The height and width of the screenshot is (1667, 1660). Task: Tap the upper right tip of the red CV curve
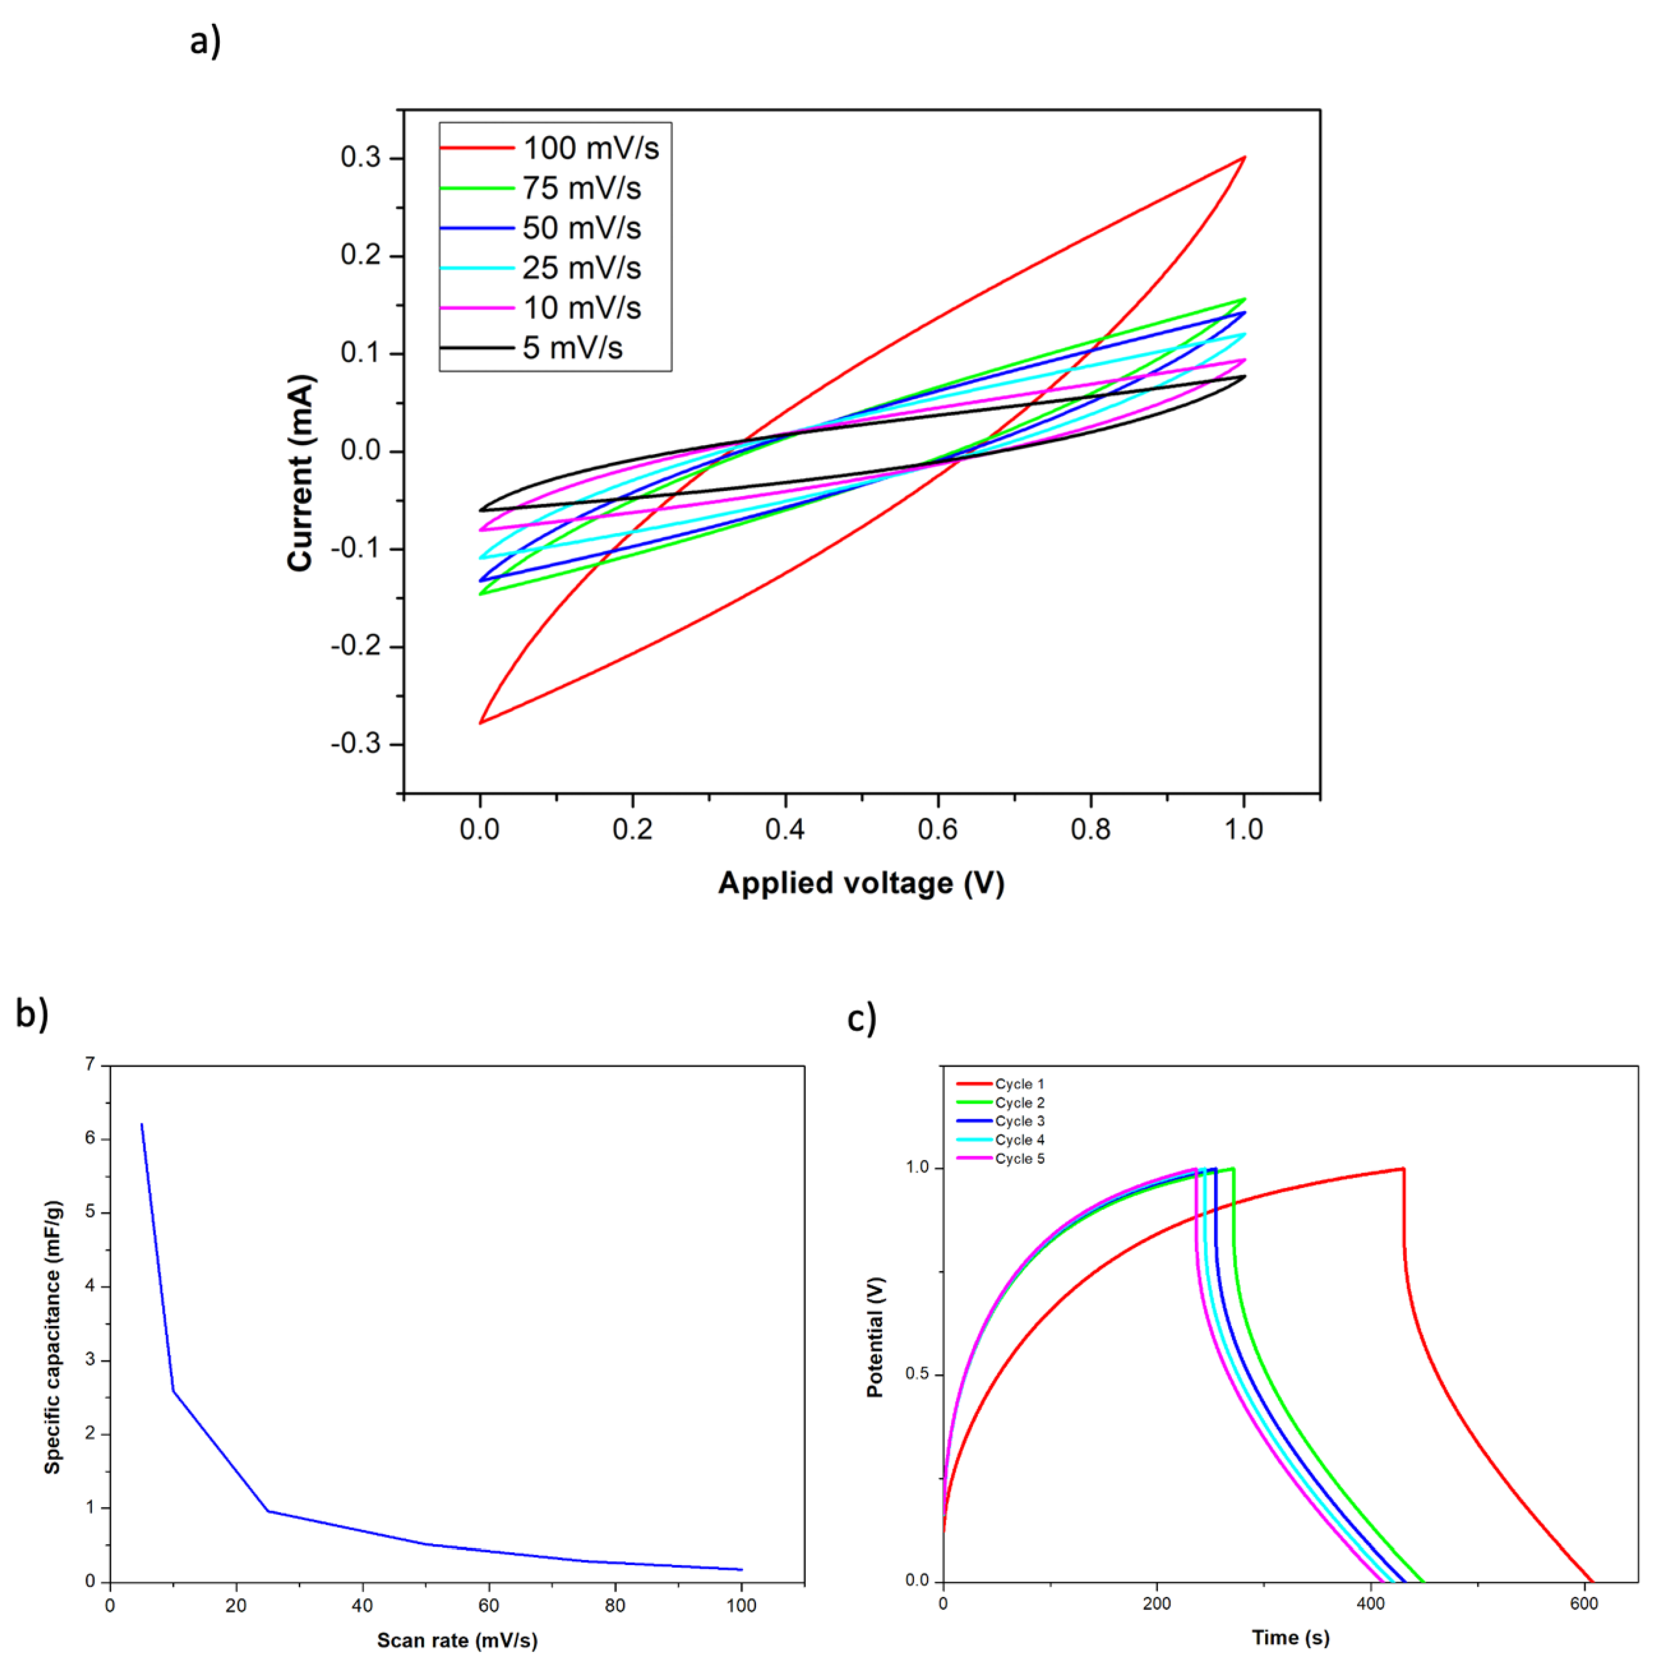click(x=1243, y=158)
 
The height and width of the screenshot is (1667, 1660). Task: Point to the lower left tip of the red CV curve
click(x=481, y=722)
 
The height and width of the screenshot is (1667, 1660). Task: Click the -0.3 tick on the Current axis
click(x=355, y=744)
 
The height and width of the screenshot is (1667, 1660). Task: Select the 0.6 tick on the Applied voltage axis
click(x=938, y=829)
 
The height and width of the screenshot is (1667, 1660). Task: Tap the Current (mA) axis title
click(x=300, y=473)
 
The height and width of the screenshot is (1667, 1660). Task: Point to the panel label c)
click(x=861, y=1018)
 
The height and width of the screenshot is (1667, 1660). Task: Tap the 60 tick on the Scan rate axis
click(x=488, y=1606)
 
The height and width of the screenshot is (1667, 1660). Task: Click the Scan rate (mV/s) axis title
click(x=457, y=1640)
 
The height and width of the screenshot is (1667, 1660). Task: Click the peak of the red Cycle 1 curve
click(x=1403, y=1169)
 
